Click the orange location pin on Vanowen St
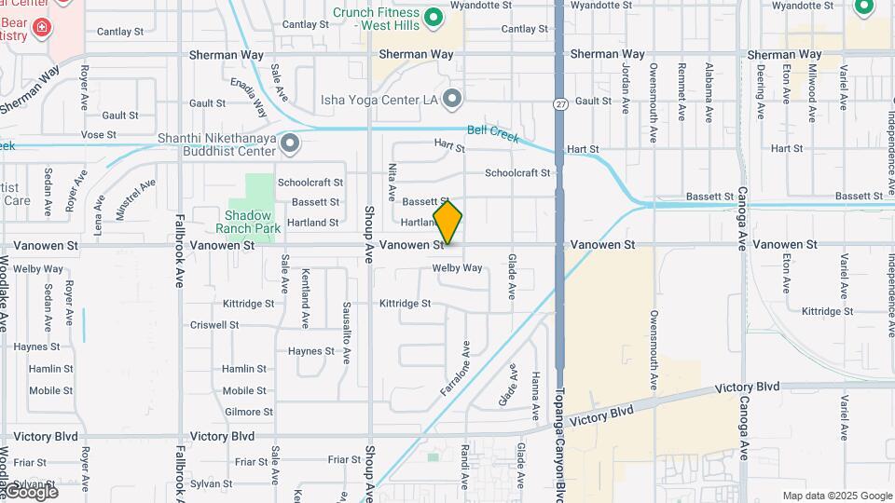pyautogui.click(x=447, y=222)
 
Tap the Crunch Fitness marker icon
pyautogui.click(x=433, y=18)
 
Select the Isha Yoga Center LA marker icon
pyautogui.click(x=453, y=98)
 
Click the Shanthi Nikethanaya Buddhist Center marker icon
pyautogui.click(x=290, y=143)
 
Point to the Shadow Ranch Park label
pyautogui.click(x=247, y=221)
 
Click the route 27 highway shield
pyautogui.click(x=559, y=102)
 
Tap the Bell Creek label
pyautogui.click(x=492, y=133)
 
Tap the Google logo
pyautogui.click(x=31, y=491)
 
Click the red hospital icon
pyautogui.click(x=40, y=29)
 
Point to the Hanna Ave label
pyautogui.click(x=535, y=396)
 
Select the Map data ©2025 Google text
pyautogui.click(x=837, y=496)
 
